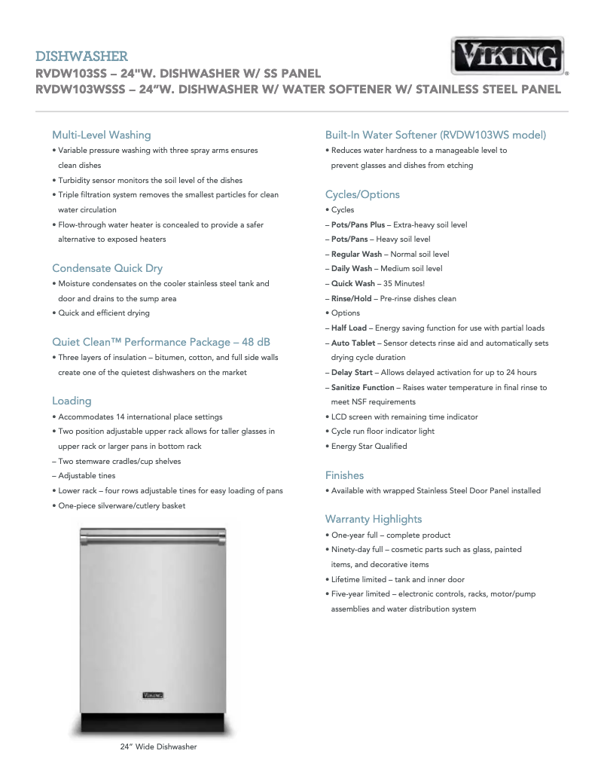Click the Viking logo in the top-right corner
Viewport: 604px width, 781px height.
508,56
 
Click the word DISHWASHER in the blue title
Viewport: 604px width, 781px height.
81,56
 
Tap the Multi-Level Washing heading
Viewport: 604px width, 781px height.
101,135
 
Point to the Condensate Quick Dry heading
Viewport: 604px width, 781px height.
107,268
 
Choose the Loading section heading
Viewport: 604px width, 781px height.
72,401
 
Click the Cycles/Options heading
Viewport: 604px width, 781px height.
362,194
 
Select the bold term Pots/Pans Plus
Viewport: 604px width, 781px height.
358,225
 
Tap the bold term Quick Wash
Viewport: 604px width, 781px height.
352,284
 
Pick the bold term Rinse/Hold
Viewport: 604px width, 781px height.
351,298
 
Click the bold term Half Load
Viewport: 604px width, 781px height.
349,328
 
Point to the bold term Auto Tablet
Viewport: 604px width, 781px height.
353,343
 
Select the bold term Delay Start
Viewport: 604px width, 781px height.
352,373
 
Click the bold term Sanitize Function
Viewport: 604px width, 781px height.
362,387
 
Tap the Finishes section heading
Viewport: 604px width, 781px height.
344,475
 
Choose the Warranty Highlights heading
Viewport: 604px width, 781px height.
374,519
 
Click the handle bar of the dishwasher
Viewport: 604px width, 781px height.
154,539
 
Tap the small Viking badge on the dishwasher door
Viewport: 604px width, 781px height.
153,694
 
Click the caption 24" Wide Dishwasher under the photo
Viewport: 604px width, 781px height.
158,747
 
